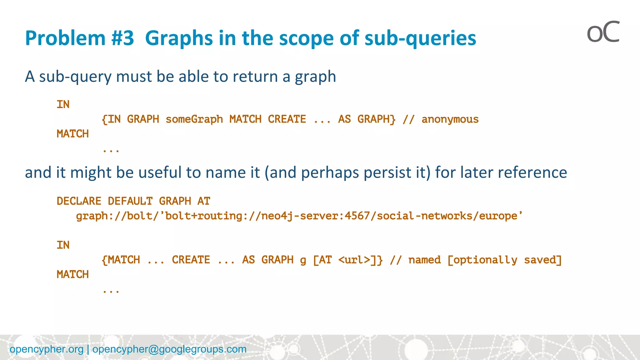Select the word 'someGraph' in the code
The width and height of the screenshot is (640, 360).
pyautogui.click(x=194, y=119)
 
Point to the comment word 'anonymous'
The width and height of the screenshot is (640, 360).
pyautogui.click(x=450, y=119)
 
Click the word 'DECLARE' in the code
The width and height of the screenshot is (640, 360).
pyautogui.click(x=79, y=201)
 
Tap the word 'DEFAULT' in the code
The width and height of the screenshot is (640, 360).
pyautogui.click(x=130, y=201)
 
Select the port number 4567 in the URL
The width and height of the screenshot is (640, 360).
pyautogui.click(x=357, y=216)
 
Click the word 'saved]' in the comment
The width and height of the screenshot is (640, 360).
pyautogui.click(x=543, y=260)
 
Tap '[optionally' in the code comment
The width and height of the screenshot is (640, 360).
pyautogui.click(x=482, y=260)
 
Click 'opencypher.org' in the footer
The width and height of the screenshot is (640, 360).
pyautogui.click(x=47, y=349)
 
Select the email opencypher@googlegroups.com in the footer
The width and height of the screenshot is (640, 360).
pyautogui.click(x=169, y=349)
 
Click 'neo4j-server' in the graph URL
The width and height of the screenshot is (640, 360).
pyautogui.click(x=299, y=216)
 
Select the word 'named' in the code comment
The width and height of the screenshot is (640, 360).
pyautogui.click(x=424, y=260)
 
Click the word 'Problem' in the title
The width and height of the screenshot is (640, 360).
pyautogui.click(x=65, y=38)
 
